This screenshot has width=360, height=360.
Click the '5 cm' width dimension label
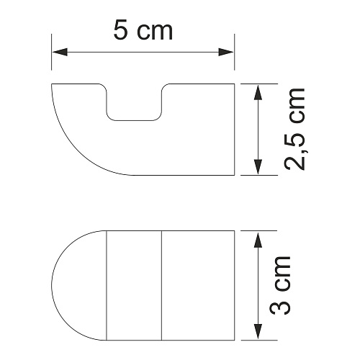[143, 31]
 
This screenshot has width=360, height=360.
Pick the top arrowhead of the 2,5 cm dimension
[258, 89]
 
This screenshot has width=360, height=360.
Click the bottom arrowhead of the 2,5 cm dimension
[258, 169]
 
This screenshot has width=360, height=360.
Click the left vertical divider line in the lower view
[107, 284]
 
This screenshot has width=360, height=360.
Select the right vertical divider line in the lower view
[161, 284]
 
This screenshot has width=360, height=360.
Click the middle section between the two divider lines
[134, 284]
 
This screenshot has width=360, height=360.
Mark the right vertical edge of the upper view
[235, 130]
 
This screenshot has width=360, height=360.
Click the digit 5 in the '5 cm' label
[122, 31]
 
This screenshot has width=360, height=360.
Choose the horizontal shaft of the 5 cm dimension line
[143, 52]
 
